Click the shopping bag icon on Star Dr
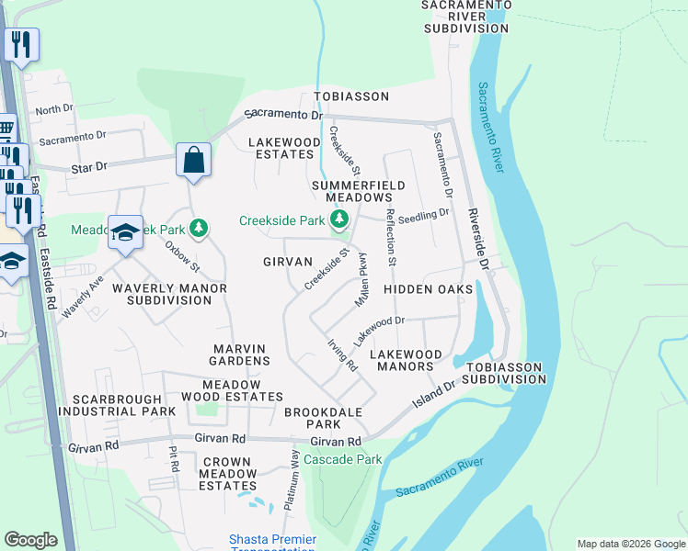[194, 161]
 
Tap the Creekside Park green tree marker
[339, 219]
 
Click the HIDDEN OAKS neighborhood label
[428, 289]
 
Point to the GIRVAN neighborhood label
[287, 262]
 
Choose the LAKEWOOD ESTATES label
[281, 148]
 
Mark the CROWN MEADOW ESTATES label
[225, 473]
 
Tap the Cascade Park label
[342, 459]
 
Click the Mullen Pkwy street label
[361, 279]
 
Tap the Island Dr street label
[435, 395]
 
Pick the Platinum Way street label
[294, 478]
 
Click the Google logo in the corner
[30, 540]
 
